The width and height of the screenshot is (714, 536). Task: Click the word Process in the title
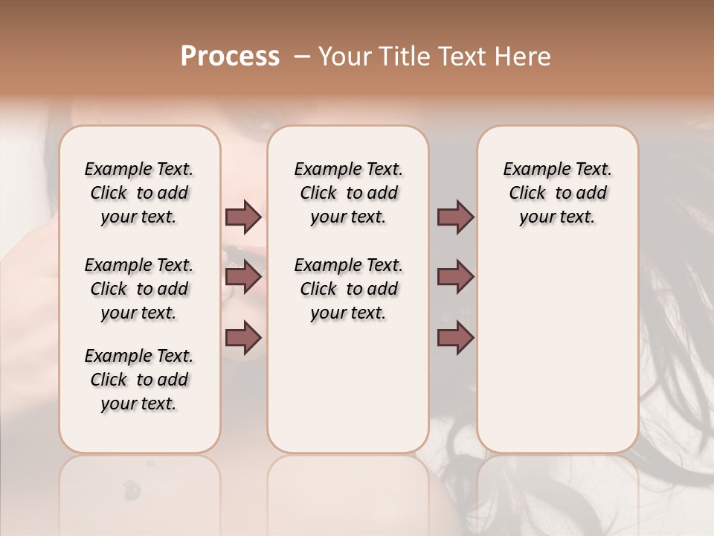click(x=230, y=57)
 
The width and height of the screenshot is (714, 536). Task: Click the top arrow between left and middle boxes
click(x=244, y=217)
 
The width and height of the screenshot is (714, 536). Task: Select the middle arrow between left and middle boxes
click(x=244, y=278)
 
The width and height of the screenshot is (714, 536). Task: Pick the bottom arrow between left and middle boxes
click(x=244, y=339)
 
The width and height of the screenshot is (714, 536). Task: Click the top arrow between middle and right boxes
click(x=455, y=217)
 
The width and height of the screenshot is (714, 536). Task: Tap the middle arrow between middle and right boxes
click(x=455, y=278)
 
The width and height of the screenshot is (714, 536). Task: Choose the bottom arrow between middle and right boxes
click(x=455, y=339)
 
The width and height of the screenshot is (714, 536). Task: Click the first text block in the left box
click(x=139, y=193)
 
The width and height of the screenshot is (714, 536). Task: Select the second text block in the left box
click(x=139, y=289)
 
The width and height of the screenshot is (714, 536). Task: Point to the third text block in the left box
click(x=139, y=380)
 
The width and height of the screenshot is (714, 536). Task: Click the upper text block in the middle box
click(x=349, y=193)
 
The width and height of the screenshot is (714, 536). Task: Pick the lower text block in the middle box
click(x=349, y=289)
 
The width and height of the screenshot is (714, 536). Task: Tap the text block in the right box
click(x=558, y=193)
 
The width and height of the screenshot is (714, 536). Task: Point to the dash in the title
click(x=302, y=57)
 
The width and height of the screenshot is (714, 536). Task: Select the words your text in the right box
click(x=558, y=217)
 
